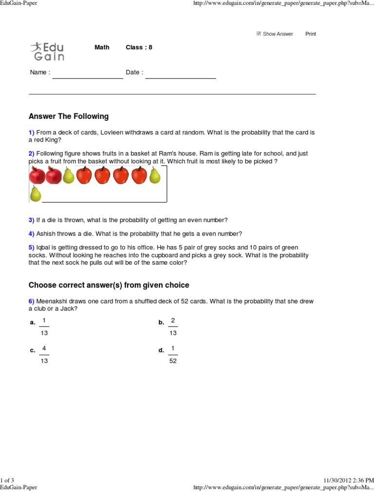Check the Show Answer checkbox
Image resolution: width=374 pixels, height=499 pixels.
click(259, 34)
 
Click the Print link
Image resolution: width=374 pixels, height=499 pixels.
click(310, 34)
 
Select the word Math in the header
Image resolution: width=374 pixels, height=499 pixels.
click(102, 47)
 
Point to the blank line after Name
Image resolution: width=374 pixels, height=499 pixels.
click(88, 77)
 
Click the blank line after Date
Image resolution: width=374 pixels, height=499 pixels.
click(180, 77)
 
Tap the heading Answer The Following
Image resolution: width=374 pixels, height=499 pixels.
click(69, 116)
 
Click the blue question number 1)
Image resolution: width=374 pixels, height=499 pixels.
click(32, 133)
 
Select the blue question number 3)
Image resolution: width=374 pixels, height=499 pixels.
click(32, 220)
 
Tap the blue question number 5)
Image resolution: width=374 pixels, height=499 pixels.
click(32, 248)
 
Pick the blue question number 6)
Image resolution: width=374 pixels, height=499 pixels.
click(32, 301)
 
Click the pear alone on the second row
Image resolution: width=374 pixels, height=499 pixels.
click(36, 193)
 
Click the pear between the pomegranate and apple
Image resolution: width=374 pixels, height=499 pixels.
click(69, 175)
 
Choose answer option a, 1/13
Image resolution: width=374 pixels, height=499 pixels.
click(44, 326)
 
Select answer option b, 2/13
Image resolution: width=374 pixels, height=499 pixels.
click(172, 326)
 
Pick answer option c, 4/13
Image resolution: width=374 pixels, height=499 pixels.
click(44, 355)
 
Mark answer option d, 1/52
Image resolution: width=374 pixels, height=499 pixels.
click(172, 355)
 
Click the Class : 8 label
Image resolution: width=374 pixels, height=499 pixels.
click(139, 47)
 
